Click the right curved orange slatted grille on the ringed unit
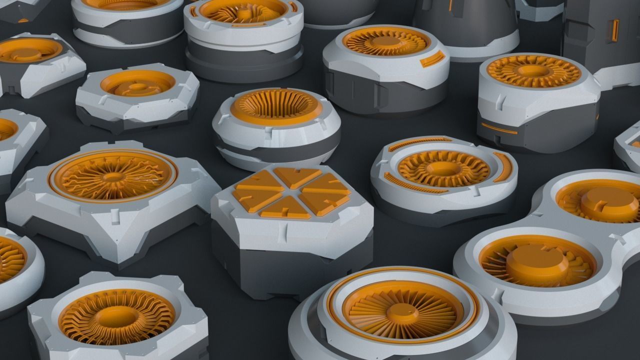[503, 167]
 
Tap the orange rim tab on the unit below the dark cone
[432, 58]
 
